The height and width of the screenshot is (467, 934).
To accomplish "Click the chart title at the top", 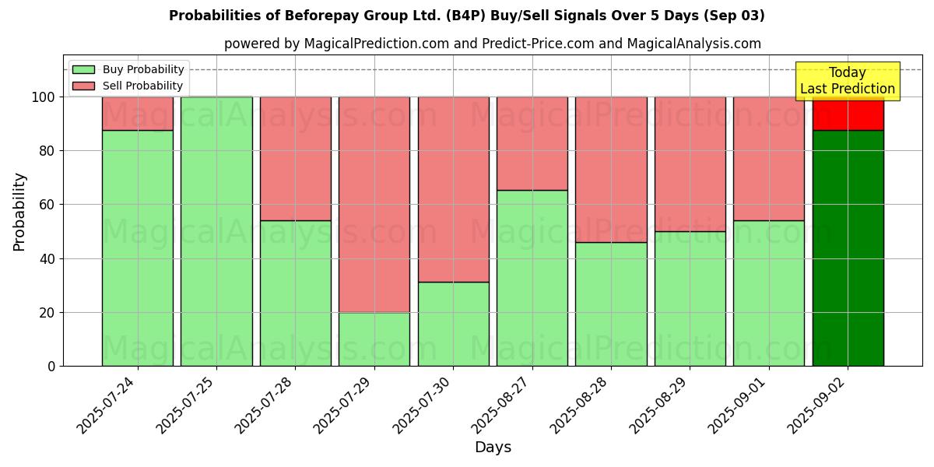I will click(466, 16).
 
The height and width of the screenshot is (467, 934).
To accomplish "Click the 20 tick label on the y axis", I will click(48, 313).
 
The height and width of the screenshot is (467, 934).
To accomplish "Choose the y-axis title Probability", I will click(19, 212).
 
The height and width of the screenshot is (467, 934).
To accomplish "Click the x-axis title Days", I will click(493, 448).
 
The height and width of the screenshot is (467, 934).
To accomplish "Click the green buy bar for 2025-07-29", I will click(374, 339).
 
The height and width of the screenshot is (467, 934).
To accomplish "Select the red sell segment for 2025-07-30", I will click(453, 189).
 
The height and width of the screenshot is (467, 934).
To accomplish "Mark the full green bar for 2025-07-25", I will click(216, 231).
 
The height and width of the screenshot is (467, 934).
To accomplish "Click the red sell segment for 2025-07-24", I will click(138, 114).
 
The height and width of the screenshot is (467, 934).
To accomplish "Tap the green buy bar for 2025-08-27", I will click(532, 278).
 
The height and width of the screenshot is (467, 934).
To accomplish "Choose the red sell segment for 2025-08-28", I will click(611, 169).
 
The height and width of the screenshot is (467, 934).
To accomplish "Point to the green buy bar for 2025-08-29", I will click(690, 298).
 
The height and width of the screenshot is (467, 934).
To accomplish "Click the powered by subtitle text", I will click(492, 44).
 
